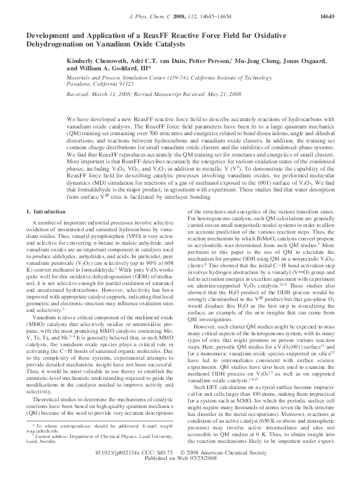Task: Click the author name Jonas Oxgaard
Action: (304, 62)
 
